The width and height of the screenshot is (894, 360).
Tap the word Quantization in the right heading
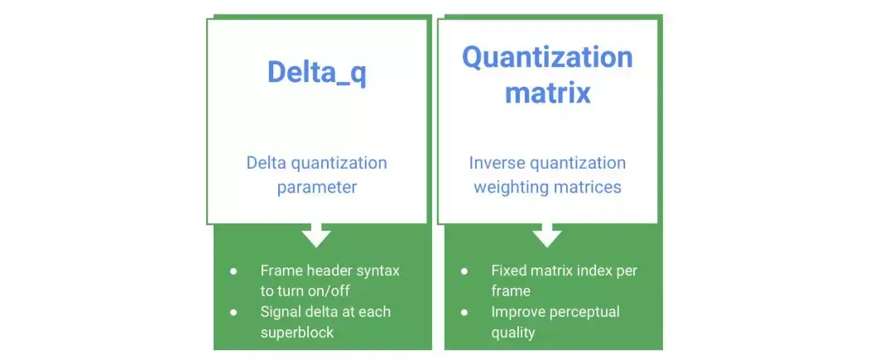click(x=547, y=58)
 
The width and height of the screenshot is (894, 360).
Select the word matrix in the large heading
click(x=547, y=93)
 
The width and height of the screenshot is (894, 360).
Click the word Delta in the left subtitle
click(x=267, y=163)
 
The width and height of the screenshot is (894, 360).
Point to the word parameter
click(x=317, y=188)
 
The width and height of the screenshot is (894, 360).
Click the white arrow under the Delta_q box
click(x=316, y=235)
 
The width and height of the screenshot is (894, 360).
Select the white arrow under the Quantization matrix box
click(x=547, y=235)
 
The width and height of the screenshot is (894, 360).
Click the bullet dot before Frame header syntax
click(x=233, y=271)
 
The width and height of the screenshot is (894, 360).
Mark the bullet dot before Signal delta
click(x=233, y=313)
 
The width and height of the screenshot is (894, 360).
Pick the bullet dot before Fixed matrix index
click(x=464, y=271)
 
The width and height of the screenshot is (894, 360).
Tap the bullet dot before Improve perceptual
click(x=464, y=313)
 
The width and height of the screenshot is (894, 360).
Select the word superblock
click(x=297, y=333)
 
